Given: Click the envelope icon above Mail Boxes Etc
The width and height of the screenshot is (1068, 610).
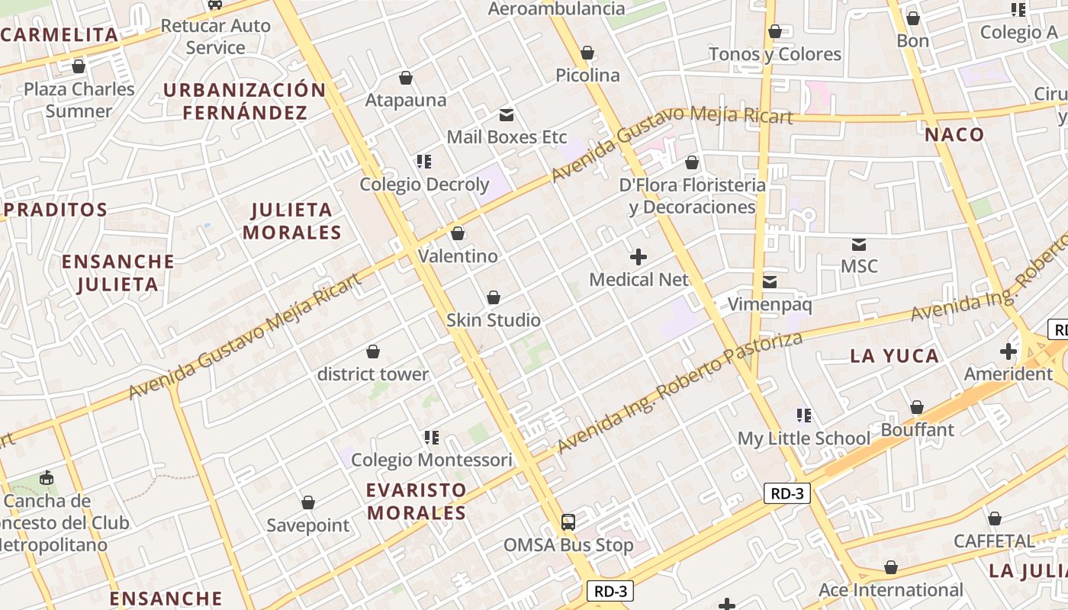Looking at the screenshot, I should (506, 115).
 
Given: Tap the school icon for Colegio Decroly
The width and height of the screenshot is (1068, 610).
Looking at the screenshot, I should (424, 162).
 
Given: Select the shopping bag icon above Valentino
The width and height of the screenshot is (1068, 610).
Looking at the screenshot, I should (458, 233).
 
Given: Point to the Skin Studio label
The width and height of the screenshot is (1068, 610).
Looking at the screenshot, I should (494, 320).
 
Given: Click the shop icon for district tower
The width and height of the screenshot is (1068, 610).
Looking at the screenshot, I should (373, 352).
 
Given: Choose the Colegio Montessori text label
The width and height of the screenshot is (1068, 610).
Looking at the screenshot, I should (432, 461).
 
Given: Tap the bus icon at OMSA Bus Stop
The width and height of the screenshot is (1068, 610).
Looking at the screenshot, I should (568, 522).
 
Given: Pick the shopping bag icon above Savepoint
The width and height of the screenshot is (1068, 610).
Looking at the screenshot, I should (308, 502).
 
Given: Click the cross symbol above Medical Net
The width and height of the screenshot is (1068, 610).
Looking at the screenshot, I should (639, 257).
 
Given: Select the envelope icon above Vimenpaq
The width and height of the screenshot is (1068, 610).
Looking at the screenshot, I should (770, 282).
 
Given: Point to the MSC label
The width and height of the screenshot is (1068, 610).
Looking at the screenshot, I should (859, 267).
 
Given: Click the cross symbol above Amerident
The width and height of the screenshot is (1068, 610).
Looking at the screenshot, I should (1008, 352).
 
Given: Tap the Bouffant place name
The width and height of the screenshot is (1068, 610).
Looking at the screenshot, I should (918, 430).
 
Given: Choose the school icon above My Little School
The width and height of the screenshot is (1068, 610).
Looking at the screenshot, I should (803, 416).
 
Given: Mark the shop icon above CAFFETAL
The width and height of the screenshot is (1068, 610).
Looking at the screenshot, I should (995, 519).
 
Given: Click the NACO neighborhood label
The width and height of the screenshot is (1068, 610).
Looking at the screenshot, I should (954, 135).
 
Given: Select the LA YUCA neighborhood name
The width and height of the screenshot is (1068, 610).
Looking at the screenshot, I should (894, 356).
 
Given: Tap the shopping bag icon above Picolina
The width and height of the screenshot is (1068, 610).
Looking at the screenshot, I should (587, 53).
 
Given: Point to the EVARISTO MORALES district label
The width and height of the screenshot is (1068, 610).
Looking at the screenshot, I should (417, 501).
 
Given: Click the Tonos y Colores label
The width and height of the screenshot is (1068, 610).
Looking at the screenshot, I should (775, 54).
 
